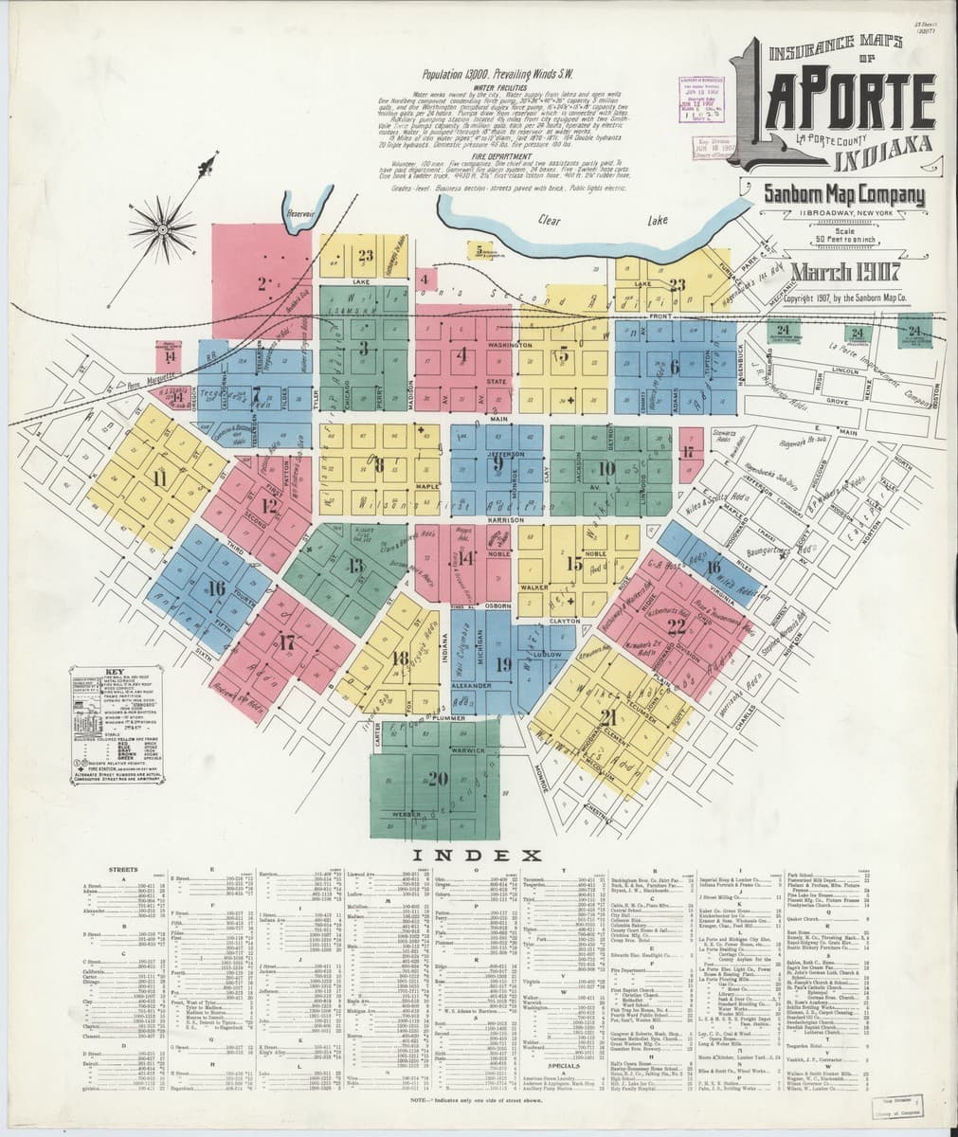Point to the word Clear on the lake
coord(550,220)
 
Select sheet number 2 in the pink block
coord(261,281)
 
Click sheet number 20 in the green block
coord(436,779)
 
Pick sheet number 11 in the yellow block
coord(159,478)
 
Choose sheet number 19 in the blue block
coord(502,663)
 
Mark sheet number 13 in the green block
coord(356,567)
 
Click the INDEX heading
coord(479,856)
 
